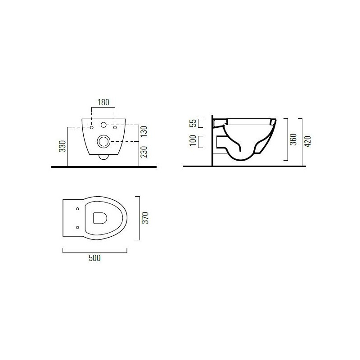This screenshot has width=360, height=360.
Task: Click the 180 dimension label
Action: [103, 102]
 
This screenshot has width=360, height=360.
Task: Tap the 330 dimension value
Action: [63, 146]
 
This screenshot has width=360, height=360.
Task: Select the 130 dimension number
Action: [144, 131]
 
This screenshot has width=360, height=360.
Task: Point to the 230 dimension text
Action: [144, 152]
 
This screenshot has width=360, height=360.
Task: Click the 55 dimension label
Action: [193, 123]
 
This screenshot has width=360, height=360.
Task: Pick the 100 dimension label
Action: [193, 140]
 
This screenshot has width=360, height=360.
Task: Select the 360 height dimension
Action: [293, 139]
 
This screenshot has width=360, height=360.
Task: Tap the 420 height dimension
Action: [308, 141]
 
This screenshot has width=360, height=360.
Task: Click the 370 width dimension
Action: [145, 218]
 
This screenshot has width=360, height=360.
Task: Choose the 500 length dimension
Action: [94, 258]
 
